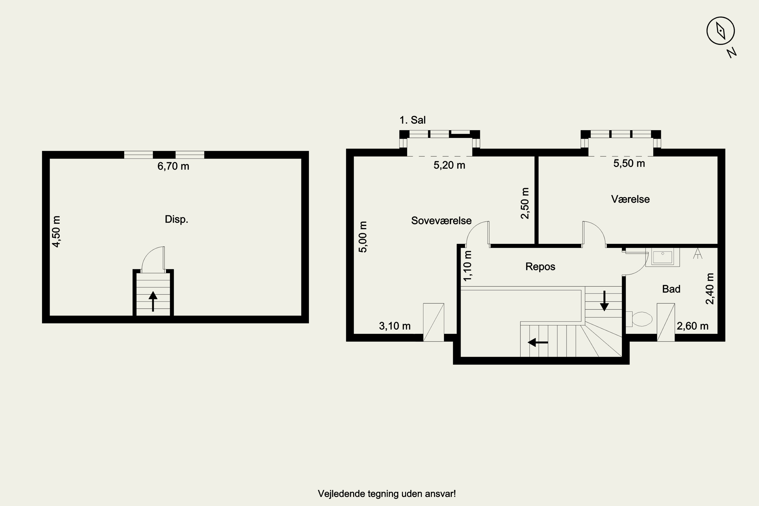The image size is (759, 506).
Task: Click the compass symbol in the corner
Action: (x=721, y=31)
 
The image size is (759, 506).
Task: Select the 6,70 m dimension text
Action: (x=173, y=166)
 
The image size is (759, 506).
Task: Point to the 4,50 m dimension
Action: (x=56, y=232)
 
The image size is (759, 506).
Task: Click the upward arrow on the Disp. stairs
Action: (x=153, y=301)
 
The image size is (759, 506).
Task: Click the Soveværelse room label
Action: (x=441, y=221)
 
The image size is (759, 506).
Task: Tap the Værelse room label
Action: (x=630, y=199)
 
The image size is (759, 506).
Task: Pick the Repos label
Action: (x=540, y=267)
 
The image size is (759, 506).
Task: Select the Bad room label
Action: (x=671, y=289)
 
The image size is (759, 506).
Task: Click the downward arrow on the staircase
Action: (x=604, y=301)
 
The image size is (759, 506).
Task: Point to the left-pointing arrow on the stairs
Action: (x=538, y=342)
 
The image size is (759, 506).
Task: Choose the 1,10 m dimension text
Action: (x=467, y=266)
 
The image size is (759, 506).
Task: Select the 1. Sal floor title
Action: (x=412, y=120)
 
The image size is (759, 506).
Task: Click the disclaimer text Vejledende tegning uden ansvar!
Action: (x=387, y=494)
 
